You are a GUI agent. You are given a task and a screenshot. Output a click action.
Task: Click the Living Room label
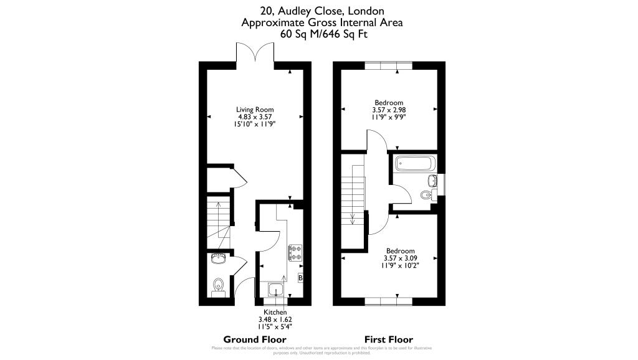tap(255, 110)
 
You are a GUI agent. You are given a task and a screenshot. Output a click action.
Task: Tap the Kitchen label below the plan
tap(275, 312)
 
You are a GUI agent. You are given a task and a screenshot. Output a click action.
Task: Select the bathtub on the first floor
tap(415, 165)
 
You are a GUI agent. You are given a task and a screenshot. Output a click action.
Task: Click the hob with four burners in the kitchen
tap(295, 252)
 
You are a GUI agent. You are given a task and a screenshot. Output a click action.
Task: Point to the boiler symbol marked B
tap(301, 278)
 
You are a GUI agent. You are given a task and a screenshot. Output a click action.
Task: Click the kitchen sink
tap(276, 290)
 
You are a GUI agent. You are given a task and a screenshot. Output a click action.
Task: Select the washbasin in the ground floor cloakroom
tap(219, 258)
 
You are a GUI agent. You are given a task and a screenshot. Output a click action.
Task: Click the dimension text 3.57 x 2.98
tap(389, 110)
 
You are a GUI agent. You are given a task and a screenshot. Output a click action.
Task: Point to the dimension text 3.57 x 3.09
tap(401, 258)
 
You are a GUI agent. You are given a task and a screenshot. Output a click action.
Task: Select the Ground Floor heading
tap(255, 339)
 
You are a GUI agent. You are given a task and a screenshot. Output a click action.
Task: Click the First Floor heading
tap(389, 339)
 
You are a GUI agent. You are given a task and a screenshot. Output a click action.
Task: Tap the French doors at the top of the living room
tap(255, 53)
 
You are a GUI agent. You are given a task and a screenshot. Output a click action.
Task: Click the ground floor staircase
tap(219, 222)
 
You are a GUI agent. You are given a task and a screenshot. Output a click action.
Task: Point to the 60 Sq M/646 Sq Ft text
tap(324, 34)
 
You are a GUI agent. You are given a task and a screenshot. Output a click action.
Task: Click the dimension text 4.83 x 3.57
tap(255, 116)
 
